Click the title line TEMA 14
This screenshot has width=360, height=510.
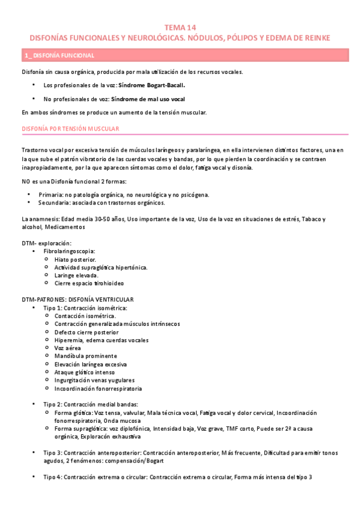[x=180, y=28]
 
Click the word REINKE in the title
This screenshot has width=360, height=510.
[x=313, y=38]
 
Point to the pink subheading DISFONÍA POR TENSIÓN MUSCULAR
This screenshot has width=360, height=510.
[x=70, y=129]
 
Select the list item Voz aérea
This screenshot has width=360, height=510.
[x=67, y=348]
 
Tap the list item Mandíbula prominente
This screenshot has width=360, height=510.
[x=81, y=355]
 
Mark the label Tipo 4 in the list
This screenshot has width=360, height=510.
[x=52, y=477]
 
